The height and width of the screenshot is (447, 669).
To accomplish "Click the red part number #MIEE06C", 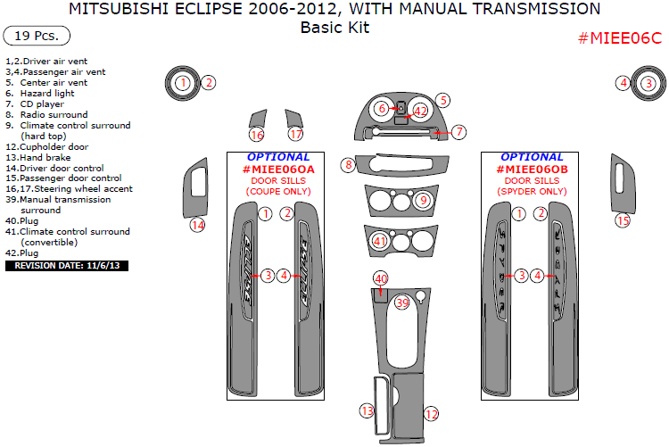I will click(x=620, y=39).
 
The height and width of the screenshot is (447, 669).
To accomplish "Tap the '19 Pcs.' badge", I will click(x=37, y=37).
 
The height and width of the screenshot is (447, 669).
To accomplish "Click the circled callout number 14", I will click(x=197, y=225).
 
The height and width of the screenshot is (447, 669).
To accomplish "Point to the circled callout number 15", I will click(x=623, y=219).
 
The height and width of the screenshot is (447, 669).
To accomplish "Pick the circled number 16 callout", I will click(x=257, y=135).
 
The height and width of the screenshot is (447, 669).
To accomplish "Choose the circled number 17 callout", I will click(x=296, y=135).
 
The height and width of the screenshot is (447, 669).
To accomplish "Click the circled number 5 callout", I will click(x=442, y=101).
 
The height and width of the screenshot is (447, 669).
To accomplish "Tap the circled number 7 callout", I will click(x=458, y=132).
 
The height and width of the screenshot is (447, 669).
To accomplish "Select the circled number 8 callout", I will click(x=348, y=164).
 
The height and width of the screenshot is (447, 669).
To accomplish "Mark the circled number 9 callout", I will click(x=424, y=200).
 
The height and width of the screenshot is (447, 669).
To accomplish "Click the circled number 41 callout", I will click(x=380, y=241).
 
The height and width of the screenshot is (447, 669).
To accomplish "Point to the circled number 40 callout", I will click(x=381, y=279).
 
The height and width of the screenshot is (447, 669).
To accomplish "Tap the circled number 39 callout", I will click(x=402, y=303).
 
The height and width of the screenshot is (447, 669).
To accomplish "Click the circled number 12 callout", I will click(x=431, y=414).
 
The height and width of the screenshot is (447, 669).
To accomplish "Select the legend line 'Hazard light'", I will click(x=52, y=94).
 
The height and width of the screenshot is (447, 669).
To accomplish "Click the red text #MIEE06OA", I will click(x=278, y=170).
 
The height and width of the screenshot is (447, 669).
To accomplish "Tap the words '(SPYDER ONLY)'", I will click(x=533, y=192).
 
